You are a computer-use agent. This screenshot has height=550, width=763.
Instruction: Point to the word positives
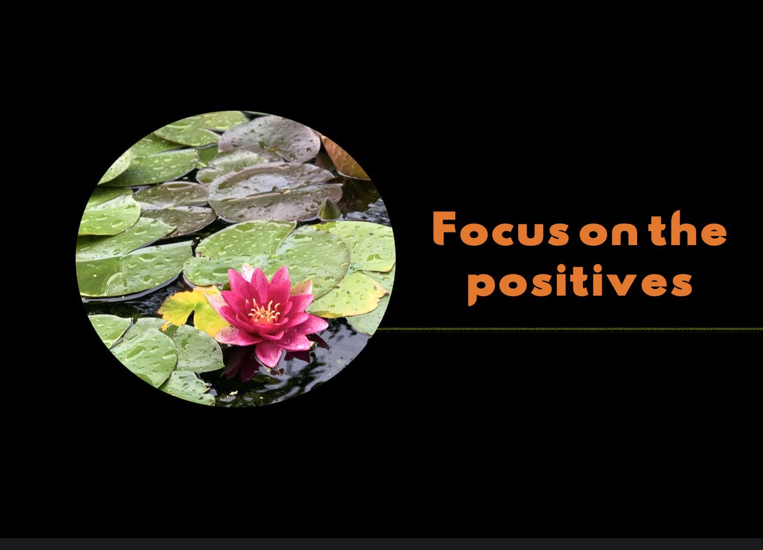click(x=579, y=284)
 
